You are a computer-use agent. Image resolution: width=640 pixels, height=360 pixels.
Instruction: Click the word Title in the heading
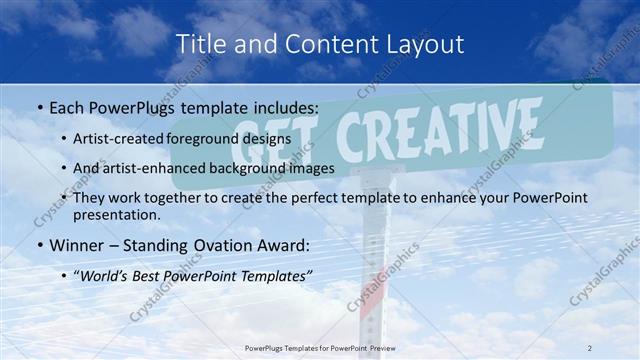[199, 44]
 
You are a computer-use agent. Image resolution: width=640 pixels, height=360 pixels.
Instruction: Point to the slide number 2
[589, 347]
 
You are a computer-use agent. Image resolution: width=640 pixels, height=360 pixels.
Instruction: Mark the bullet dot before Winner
[38, 245]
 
